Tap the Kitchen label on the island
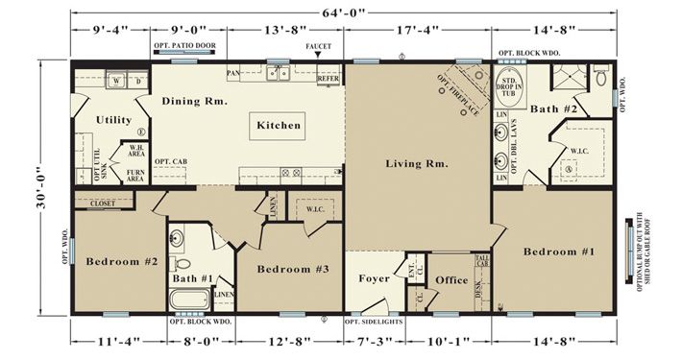pos(279,125)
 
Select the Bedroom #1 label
pos(559,252)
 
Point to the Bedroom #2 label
pos(121,261)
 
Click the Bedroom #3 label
pos(293,270)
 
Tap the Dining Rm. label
pos(193,102)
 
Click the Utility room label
pos(114,120)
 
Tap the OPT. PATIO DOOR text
pos(183,46)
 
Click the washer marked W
pos(116,82)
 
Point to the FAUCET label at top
pos(318,46)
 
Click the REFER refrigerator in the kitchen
pos(329,78)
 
